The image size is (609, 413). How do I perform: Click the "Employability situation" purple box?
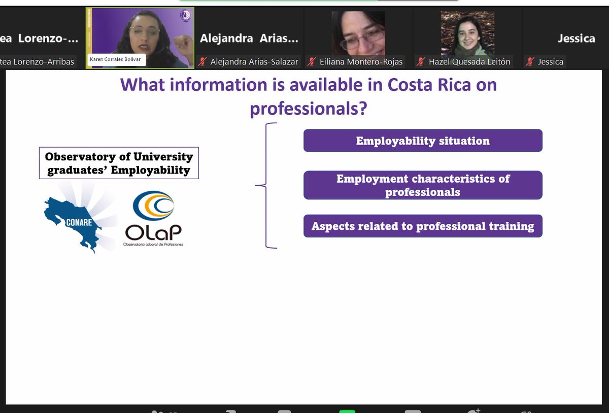pos(423,141)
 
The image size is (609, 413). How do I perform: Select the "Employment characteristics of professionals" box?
pos(423,185)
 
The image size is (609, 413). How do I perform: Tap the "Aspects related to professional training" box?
pos(423,226)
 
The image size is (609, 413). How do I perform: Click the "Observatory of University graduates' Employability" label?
pos(119,163)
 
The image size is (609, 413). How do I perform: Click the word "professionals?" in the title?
pos(308,108)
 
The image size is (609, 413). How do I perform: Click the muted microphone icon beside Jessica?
pos(530,62)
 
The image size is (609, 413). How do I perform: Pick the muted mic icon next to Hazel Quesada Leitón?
pos(421,62)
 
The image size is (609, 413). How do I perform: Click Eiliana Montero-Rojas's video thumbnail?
pos(358,33)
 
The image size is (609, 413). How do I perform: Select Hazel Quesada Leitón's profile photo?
pos(467,33)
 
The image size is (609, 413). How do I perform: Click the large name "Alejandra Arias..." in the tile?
pos(249,39)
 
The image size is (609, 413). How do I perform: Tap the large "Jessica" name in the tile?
pos(576,39)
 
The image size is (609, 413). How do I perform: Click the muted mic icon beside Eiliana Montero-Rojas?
pos(312,62)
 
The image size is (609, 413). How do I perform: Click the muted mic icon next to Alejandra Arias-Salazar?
pos(202,62)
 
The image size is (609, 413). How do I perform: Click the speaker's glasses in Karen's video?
pos(144,30)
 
